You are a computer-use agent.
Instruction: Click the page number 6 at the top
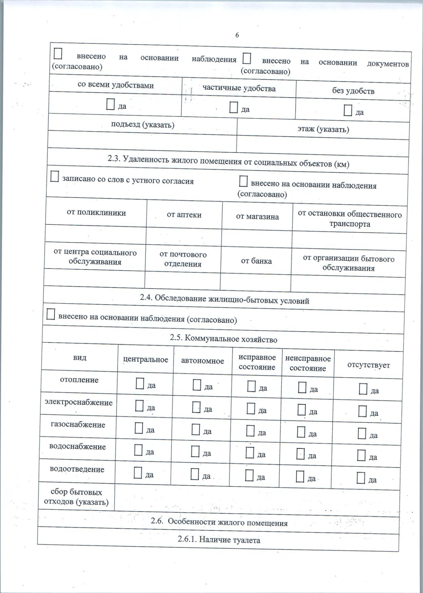[237, 35]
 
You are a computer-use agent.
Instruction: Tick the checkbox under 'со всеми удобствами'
[110, 105]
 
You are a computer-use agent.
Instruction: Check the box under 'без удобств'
[348, 111]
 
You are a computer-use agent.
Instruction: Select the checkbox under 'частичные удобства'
[233, 108]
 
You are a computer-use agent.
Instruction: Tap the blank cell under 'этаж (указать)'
[323, 145]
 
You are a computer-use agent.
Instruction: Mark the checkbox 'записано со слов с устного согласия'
[55, 177]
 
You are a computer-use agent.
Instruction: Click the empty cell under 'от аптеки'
[184, 236]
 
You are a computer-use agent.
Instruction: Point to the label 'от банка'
[256, 261]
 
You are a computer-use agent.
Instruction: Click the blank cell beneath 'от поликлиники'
[96, 234]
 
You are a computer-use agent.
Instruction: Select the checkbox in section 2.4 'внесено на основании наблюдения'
[51, 314]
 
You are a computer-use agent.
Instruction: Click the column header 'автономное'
[202, 361]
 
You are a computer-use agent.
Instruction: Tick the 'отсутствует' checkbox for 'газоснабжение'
[362, 434]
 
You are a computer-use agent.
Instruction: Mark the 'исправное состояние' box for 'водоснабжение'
[250, 453]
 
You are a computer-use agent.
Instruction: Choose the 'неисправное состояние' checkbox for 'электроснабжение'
[301, 410]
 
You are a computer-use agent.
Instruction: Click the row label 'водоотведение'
[77, 470]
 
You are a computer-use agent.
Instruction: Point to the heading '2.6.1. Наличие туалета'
[219, 540]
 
